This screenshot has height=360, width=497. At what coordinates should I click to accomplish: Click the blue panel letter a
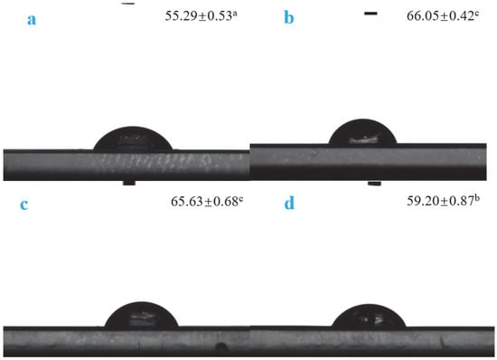pos(32,20)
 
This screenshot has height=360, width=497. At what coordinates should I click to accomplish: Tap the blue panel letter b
pos(289,17)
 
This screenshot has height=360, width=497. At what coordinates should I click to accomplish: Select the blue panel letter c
pos(24,204)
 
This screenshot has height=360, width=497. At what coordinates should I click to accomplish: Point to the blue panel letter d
pos(289,203)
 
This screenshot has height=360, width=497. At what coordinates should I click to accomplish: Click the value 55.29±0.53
pos(199,16)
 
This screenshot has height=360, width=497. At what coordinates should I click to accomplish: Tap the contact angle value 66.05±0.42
pos(441,16)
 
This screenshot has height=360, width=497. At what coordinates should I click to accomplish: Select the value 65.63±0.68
pos(205,202)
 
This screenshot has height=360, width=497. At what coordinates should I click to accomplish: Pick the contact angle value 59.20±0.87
pos(441,201)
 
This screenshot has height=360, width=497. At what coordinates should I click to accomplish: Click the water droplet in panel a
pos(133,138)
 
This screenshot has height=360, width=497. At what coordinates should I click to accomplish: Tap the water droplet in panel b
pos(362,132)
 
